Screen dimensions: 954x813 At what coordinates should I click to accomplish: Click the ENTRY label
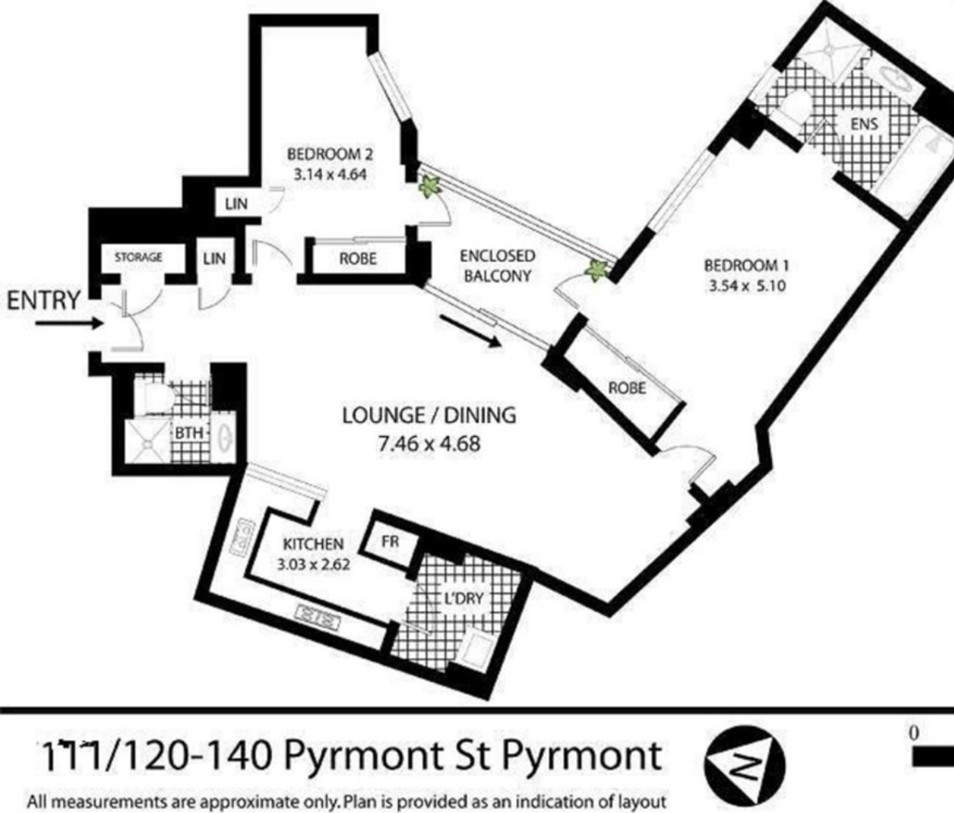44,300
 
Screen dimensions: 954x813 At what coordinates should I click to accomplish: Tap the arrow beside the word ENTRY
70,323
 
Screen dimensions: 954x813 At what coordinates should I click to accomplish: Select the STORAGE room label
138,257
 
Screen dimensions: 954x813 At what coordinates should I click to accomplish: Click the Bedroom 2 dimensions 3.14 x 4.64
330,175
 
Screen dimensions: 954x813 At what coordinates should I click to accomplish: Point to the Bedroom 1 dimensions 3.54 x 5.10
747,286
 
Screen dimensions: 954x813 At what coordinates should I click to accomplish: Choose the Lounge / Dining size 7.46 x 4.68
429,443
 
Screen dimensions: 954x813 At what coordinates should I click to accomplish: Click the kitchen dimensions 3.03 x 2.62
313,565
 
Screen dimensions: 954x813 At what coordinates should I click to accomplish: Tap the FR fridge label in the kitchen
390,540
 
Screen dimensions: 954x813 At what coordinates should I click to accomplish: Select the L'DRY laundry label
464,599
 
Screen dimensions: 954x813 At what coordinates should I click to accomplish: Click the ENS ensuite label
864,124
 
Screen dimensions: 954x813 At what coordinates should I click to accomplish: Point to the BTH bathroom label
189,434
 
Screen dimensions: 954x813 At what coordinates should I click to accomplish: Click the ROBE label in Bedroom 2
358,258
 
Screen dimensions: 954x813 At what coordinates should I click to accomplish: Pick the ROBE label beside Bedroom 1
627,387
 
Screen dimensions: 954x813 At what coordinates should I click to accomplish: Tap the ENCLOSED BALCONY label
498,265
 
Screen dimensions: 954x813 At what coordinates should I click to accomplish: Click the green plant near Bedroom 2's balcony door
430,186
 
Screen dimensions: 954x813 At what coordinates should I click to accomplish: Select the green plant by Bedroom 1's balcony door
596,270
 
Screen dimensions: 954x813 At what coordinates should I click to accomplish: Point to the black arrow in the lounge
471,331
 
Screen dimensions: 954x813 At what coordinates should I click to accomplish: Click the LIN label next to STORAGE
214,258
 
